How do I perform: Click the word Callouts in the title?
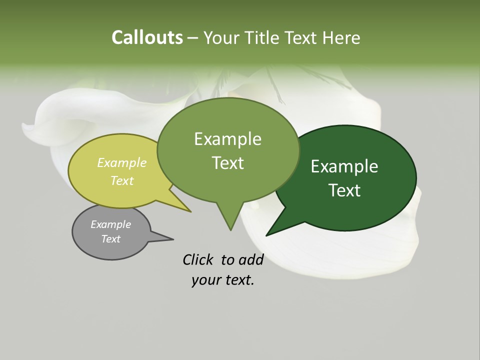pos(147,37)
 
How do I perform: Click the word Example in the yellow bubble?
pos(122,162)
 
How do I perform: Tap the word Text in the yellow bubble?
pos(122,180)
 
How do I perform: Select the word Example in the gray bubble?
pos(111,224)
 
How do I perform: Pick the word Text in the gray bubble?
pos(111,238)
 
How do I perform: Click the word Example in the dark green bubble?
pos(344,166)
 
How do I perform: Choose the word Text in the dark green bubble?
pos(344,190)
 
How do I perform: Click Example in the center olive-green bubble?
pos(227,139)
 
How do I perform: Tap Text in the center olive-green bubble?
pos(227,163)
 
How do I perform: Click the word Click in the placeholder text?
pos(198,259)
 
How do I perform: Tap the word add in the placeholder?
pos(251,259)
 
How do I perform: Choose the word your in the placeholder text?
pos(205,280)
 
